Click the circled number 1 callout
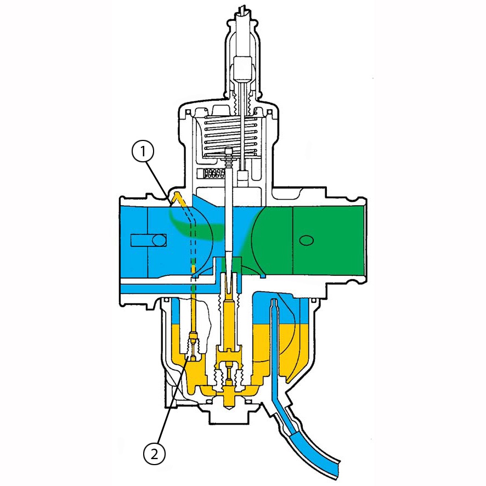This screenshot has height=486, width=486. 143,152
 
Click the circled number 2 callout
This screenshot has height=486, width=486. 154,454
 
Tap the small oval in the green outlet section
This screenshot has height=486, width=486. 306,240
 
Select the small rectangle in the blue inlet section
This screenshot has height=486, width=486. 149,240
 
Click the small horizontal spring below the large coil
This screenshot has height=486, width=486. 213,173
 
